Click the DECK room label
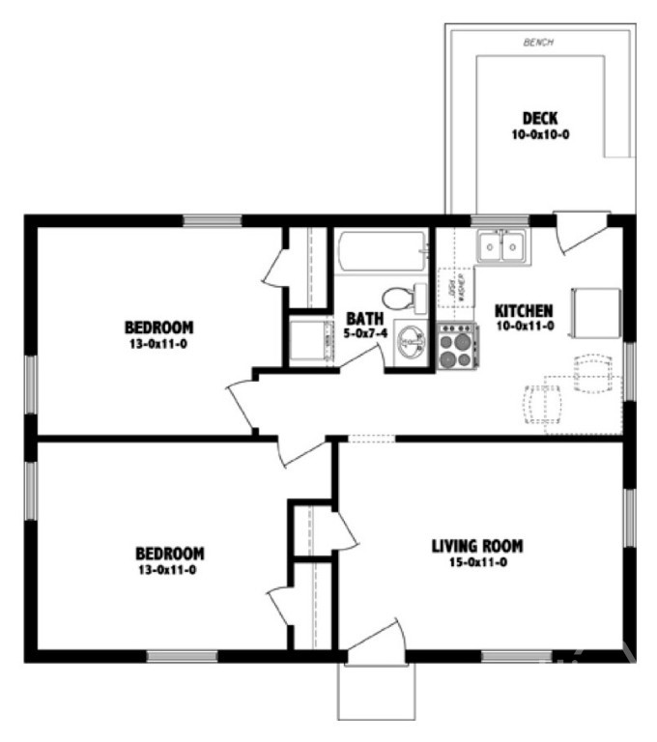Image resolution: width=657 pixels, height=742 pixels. [x=540, y=119]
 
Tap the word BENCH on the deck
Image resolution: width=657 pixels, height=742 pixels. [x=536, y=43]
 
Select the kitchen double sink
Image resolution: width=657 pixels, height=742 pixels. [x=502, y=246]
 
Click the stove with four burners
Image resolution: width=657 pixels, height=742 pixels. [x=457, y=346]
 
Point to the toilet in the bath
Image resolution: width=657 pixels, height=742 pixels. [x=405, y=299]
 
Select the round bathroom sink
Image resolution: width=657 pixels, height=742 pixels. [x=413, y=342]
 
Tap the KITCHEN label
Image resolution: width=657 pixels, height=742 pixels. [x=524, y=311]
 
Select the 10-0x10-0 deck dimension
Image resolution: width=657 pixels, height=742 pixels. [x=540, y=135]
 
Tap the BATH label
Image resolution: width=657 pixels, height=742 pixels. [x=365, y=317]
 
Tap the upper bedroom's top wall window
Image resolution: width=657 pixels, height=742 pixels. [x=212, y=220]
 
